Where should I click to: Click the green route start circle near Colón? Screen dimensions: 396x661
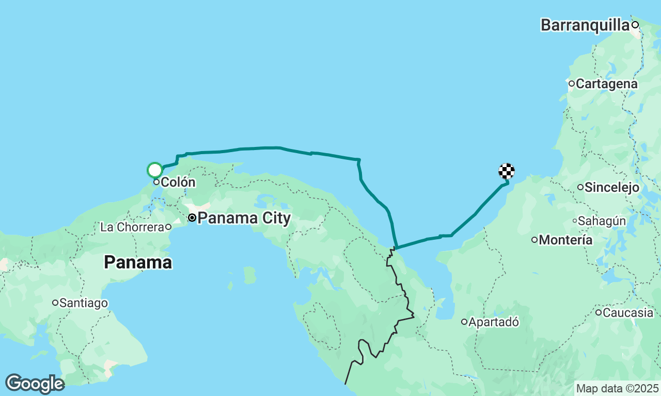click(155, 170)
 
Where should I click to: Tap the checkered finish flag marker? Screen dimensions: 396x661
click(507, 171)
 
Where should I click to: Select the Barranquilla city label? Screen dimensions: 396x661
click(585, 25)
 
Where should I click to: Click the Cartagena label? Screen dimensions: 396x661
click(607, 84)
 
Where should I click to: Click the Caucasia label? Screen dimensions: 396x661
click(628, 312)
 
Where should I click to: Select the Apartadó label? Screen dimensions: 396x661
click(494, 322)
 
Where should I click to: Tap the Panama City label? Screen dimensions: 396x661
click(244, 218)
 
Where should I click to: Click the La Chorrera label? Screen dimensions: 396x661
click(132, 227)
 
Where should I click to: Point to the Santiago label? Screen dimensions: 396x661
click(83, 303)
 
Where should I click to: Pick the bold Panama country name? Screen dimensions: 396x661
click(138, 262)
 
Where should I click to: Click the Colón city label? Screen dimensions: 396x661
click(178, 182)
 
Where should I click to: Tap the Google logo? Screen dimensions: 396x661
click(35, 384)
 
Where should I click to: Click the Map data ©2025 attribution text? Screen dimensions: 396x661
click(617, 388)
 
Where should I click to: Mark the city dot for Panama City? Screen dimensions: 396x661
click(192, 218)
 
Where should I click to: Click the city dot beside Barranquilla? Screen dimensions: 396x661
click(635, 25)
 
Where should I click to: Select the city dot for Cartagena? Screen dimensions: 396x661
click(572, 84)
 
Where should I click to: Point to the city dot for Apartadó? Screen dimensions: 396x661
click(464, 322)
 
